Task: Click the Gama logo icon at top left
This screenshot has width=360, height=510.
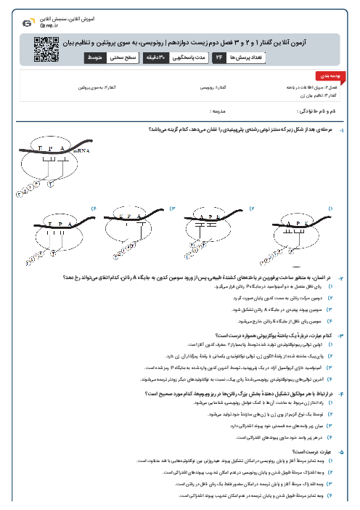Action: tap(27, 23)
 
